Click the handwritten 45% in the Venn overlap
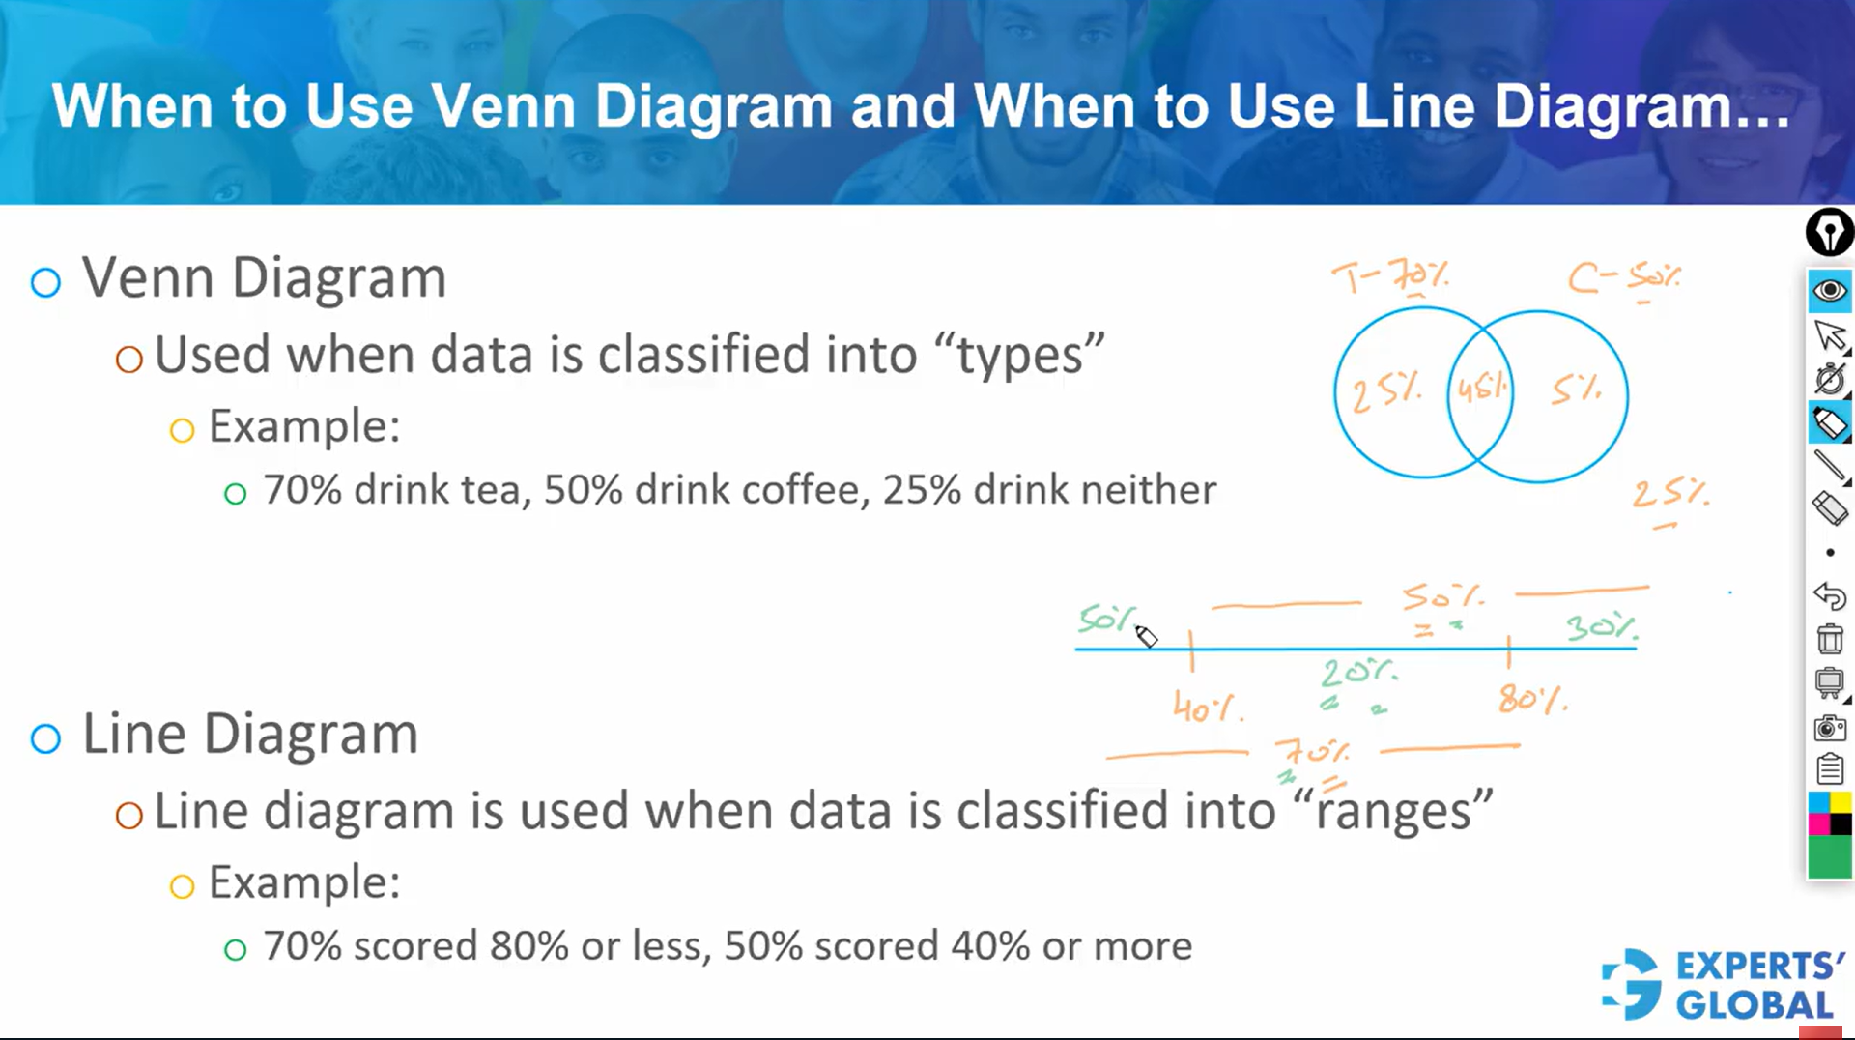click(1481, 389)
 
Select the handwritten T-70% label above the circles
click(1390, 276)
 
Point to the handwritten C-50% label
click(1623, 277)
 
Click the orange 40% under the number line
click(1207, 708)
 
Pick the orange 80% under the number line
click(1532, 698)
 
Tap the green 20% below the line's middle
click(1357, 672)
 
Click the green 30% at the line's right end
click(1601, 627)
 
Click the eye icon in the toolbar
click(1829, 291)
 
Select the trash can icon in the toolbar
click(1829, 640)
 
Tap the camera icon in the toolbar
click(1829, 728)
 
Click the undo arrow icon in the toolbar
click(1829, 596)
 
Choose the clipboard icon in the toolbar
click(1829, 769)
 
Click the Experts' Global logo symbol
click(1632, 984)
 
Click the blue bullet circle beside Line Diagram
click(45, 739)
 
